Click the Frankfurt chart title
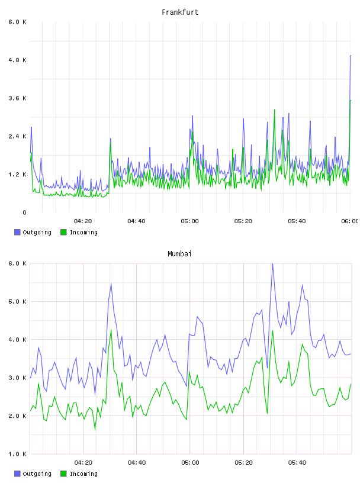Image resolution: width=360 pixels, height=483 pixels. coord(180,12)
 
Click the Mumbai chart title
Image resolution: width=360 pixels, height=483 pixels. coord(179,254)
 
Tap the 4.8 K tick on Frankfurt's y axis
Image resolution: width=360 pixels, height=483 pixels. coord(18,60)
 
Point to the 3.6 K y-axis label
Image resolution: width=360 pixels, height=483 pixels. coord(18,98)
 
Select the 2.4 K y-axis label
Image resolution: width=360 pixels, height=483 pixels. coord(18,137)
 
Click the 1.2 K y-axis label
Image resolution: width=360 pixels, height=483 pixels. coord(18,175)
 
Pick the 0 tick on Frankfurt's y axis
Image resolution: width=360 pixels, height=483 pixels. coord(24,212)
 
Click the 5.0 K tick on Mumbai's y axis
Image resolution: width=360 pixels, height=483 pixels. coord(18,301)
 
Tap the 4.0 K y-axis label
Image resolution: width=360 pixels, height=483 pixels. coord(18,340)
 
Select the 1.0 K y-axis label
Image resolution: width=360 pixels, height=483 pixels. coord(18,454)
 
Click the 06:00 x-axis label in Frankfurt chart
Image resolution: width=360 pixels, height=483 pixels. coord(349,221)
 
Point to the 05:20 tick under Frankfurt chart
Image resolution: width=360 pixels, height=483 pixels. coord(243,221)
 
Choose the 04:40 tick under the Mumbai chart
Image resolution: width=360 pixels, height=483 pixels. coord(137,463)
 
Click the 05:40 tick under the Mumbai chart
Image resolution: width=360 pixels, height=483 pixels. coord(297,463)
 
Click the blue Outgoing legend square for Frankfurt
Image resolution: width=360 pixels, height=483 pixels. coord(17,232)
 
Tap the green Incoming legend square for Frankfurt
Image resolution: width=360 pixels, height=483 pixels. coord(63,232)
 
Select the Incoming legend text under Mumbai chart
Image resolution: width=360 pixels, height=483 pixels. coord(83,474)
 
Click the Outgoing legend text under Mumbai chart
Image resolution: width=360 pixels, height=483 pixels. coord(37,474)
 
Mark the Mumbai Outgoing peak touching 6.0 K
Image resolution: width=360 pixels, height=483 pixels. coord(272,264)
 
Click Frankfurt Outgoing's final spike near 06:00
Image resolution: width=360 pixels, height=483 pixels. coord(351,56)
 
